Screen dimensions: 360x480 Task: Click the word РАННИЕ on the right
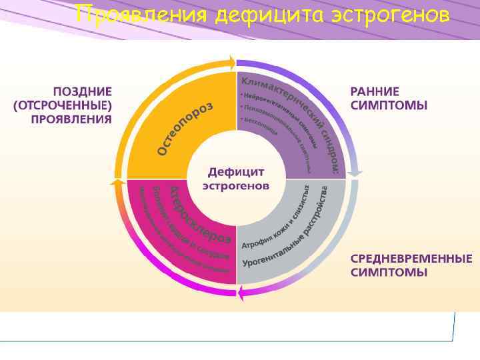tap(375, 91)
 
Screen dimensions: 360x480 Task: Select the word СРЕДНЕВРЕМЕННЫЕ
tap(411, 259)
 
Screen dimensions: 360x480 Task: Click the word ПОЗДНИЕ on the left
tap(83, 91)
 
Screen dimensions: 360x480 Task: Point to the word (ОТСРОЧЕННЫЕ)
tap(63, 105)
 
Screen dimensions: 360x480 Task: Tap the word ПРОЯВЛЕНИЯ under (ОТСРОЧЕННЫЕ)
tap(71, 119)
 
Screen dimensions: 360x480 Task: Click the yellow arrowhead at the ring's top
tap(231, 63)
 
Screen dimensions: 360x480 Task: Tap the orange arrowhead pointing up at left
tap(117, 182)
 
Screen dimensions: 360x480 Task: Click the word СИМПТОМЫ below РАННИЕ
tap(389, 105)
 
